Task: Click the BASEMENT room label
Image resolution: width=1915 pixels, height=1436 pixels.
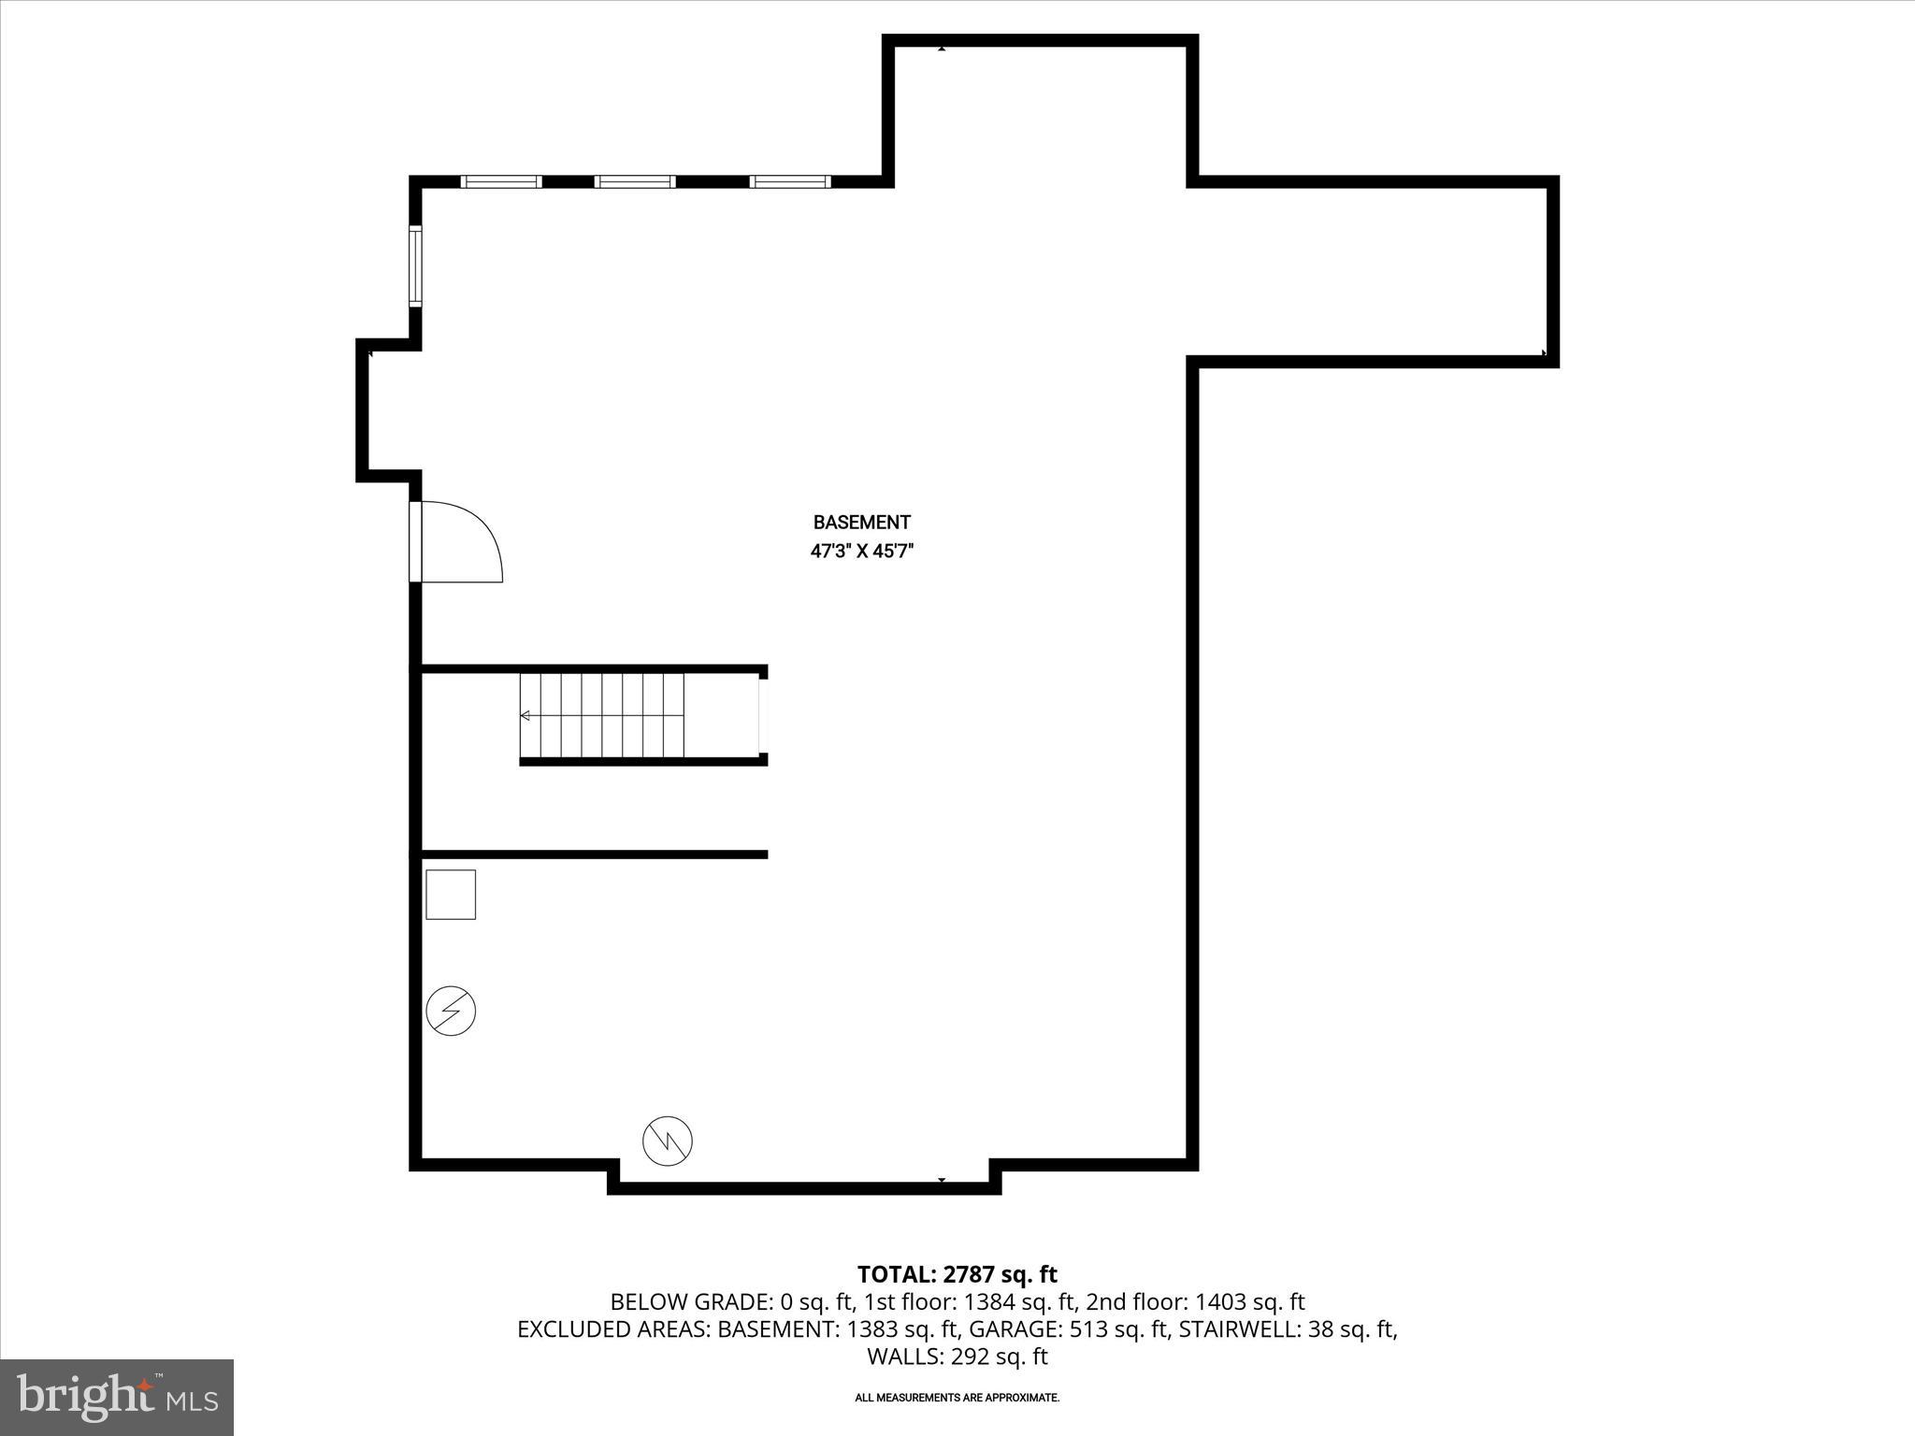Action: point(861,523)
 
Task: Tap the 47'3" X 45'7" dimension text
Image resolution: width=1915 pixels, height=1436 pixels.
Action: point(861,552)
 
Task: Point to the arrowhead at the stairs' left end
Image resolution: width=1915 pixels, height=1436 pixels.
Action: point(526,715)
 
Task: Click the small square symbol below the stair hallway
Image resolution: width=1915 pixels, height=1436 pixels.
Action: point(451,895)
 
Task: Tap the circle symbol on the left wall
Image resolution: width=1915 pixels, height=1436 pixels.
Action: point(451,1011)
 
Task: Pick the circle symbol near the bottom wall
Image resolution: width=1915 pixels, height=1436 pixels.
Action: point(668,1141)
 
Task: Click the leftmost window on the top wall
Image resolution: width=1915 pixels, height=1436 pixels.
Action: point(501,181)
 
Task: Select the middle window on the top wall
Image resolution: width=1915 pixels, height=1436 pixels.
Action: point(635,181)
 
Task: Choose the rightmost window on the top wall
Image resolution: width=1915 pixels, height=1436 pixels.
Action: point(790,181)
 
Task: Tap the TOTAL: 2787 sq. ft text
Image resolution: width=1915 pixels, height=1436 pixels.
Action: point(957,1274)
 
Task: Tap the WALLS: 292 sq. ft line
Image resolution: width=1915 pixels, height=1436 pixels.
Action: point(957,1357)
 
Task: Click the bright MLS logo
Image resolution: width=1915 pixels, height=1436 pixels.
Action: point(117,1397)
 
